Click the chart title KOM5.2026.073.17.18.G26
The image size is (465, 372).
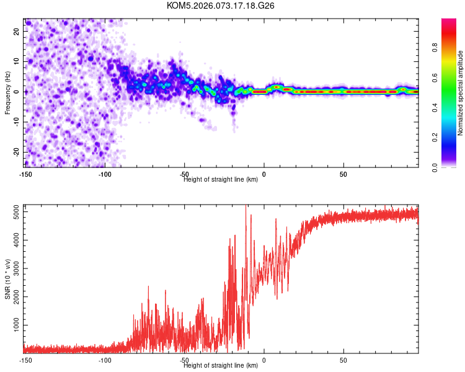pos(221,6)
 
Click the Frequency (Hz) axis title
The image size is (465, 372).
pos(7,92)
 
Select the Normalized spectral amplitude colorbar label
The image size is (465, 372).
pos(461,93)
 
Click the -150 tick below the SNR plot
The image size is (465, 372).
pos(25,360)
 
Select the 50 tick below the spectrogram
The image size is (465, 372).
pos(343,174)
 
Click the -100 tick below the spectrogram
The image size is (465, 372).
pos(104,174)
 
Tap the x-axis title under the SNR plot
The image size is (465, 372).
pos(221,366)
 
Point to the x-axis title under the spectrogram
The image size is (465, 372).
pos(221,180)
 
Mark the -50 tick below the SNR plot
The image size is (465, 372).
pos(184,360)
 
